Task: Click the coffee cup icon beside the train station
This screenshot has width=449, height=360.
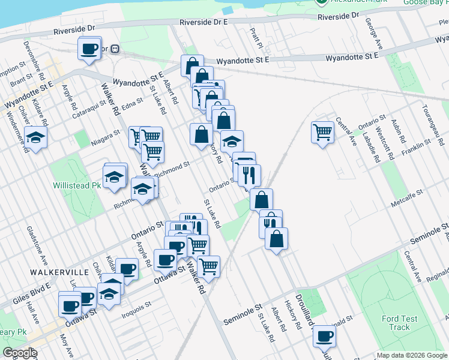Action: point(89,49)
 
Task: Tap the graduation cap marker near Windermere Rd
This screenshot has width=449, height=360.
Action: point(36,139)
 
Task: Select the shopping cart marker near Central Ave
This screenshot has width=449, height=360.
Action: point(322,132)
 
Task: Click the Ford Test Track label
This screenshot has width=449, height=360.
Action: point(391,323)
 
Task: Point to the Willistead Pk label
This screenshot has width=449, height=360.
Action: point(76,185)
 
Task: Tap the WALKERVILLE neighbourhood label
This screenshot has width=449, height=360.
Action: point(59,272)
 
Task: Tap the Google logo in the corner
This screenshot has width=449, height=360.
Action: point(19,353)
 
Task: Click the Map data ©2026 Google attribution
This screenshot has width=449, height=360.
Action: point(411,355)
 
